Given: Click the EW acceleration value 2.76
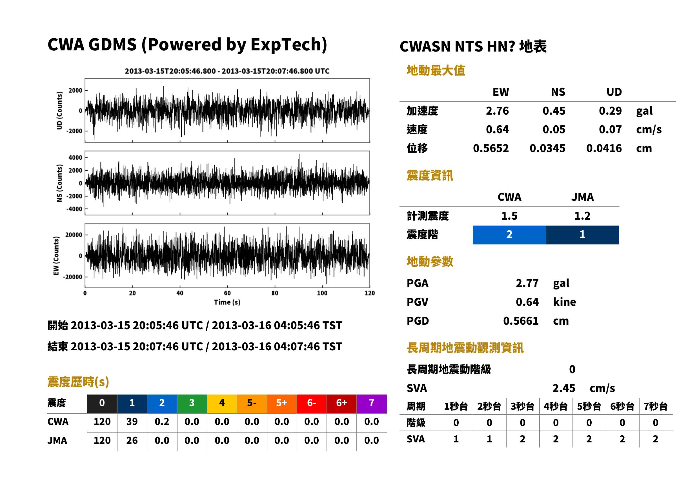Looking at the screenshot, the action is coord(497,111).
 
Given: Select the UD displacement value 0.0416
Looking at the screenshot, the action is coord(604,148).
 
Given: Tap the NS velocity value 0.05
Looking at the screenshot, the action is coord(554,130).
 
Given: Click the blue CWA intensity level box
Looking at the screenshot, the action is coord(509,235).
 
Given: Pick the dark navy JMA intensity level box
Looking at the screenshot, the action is coord(583,235).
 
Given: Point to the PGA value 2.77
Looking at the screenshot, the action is coord(527,283).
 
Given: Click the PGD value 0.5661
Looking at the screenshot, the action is coord(521,321).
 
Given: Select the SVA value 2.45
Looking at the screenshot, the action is coord(563,388).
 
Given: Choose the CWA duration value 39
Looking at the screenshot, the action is coord(132,422).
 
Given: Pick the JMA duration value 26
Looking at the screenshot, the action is coord(132,441).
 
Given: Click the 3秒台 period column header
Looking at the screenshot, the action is coord(522,407).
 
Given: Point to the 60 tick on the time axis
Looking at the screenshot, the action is coord(227,293).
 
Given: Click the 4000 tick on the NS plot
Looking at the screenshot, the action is coord(75,158).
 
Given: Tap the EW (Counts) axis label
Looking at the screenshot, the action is coord(56,256).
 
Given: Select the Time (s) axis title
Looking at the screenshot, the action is coord(227,302).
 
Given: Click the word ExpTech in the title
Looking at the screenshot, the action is coord(286,44).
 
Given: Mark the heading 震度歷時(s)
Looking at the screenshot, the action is coord(78,382).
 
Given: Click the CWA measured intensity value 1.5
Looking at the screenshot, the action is coord(509,216).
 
